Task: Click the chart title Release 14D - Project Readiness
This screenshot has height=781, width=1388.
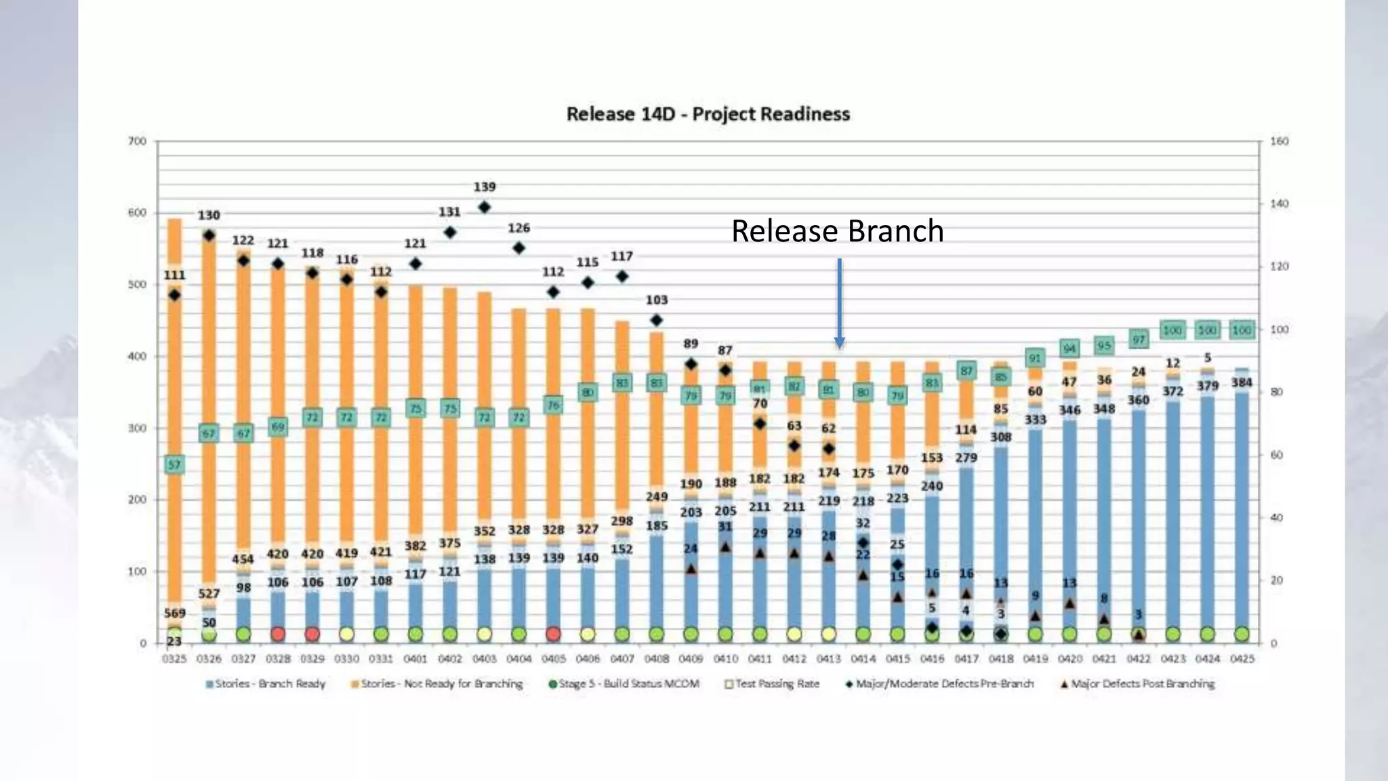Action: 708,114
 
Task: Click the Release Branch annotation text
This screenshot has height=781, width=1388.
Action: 837,231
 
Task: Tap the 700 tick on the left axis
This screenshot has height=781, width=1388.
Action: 137,141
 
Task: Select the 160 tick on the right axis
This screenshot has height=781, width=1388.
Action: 1279,141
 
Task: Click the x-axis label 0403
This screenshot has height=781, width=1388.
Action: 484,658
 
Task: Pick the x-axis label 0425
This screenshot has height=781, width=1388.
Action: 1241,658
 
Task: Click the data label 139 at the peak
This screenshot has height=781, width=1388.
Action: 484,186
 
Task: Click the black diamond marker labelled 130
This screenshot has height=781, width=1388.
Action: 209,235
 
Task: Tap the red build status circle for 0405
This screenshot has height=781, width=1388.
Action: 553,634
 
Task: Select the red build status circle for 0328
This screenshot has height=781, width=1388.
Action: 277,634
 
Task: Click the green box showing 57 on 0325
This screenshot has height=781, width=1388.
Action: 174,464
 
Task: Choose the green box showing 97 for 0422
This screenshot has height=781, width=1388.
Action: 1139,339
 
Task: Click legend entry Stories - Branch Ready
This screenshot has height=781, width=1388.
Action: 266,683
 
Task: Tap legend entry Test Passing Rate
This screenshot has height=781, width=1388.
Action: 772,683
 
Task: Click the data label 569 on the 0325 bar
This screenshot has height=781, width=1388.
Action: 174,613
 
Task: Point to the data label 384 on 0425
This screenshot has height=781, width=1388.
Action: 1241,382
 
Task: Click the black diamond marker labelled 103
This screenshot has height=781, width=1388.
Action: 656,320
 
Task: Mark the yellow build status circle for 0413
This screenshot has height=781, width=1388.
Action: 828,634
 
